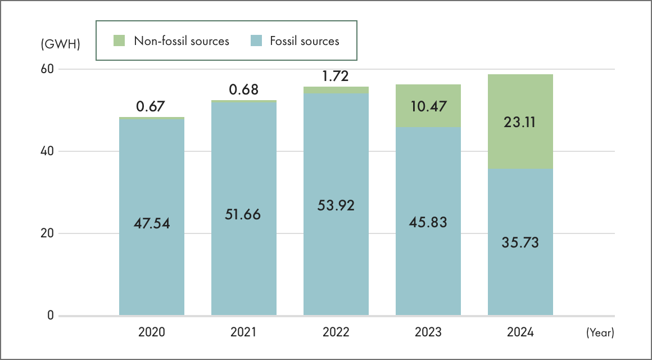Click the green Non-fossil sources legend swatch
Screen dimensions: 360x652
(119, 40)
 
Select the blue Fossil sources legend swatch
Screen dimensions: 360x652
(256, 40)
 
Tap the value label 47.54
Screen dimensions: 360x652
(152, 223)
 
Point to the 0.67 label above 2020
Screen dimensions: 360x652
(152, 106)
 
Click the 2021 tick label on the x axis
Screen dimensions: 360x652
(243, 332)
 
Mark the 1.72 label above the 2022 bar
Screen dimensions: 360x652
(336, 75)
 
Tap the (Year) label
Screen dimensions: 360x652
(600, 333)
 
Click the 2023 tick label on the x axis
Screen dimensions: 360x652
(428, 332)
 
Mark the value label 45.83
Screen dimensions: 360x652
(428, 222)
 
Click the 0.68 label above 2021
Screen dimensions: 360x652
(244, 89)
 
